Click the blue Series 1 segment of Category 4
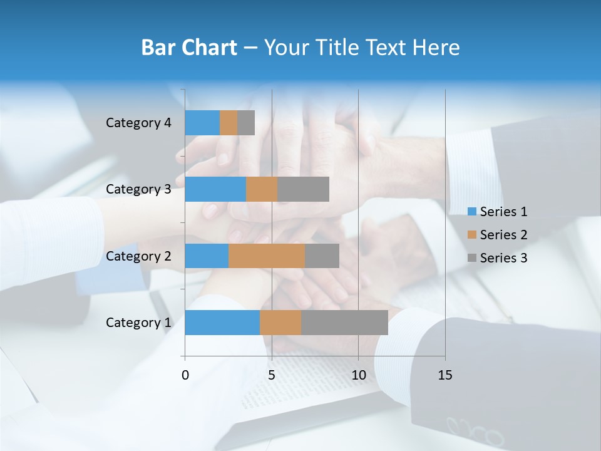202,123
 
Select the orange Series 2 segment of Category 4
229,123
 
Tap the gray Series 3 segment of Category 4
246,123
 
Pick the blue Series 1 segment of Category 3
215,189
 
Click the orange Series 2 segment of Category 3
262,189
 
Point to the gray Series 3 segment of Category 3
303,189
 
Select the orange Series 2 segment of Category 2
267,256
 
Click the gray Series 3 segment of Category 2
322,256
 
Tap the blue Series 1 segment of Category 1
222,323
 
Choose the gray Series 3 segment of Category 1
344,323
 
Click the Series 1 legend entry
498,212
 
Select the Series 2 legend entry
498,235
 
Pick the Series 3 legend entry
498,258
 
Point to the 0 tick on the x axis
185,375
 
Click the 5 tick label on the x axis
272,375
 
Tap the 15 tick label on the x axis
444,375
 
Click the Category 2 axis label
138,256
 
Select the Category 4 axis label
138,123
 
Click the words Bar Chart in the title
189,48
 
